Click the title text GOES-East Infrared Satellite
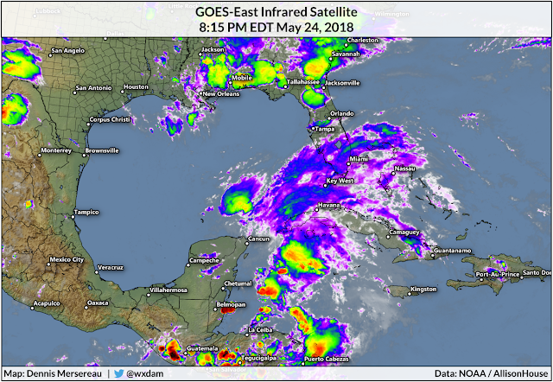point(276,10)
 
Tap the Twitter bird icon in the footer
point(118,373)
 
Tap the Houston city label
point(136,87)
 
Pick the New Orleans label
point(220,93)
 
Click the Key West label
point(340,181)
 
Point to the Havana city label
point(330,205)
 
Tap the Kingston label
point(423,289)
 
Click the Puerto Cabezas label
point(326,359)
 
